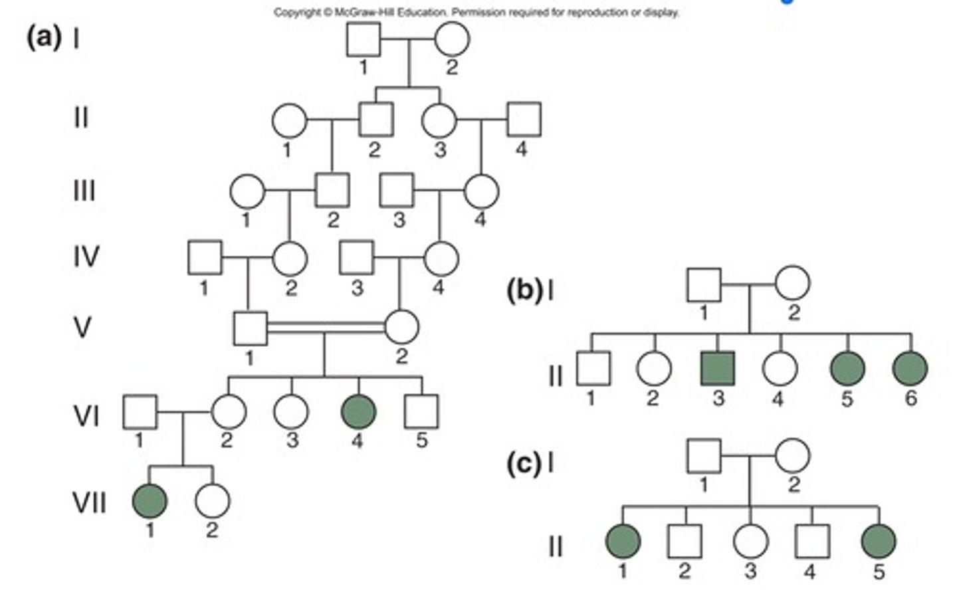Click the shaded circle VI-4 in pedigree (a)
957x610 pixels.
[x=358, y=411]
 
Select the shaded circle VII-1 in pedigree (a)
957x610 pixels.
[x=150, y=500]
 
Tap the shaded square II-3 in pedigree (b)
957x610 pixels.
[x=718, y=368]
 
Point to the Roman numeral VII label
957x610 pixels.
[x=88, y=503]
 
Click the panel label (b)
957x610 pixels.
[x=524, y=290]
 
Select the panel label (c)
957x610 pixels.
[x=524, y=463]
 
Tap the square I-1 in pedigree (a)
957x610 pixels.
[x=364, y=39]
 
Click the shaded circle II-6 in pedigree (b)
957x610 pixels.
[x=910, y=368]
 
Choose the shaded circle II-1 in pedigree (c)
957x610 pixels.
[x=623, y=541]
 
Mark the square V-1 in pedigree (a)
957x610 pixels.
[x=251, y=328]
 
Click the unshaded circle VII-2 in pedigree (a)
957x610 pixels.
[x=213, y=500]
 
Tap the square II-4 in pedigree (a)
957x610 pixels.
[x=524, y=120]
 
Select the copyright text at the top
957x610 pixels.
[x=476, y=12]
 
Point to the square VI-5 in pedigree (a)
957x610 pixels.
[x=421, y=411]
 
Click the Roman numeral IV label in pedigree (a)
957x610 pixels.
[x=86, y=256]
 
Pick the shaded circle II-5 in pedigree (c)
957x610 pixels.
[x=879, y=541]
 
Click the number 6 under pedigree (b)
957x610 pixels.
[x=910, y=398]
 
